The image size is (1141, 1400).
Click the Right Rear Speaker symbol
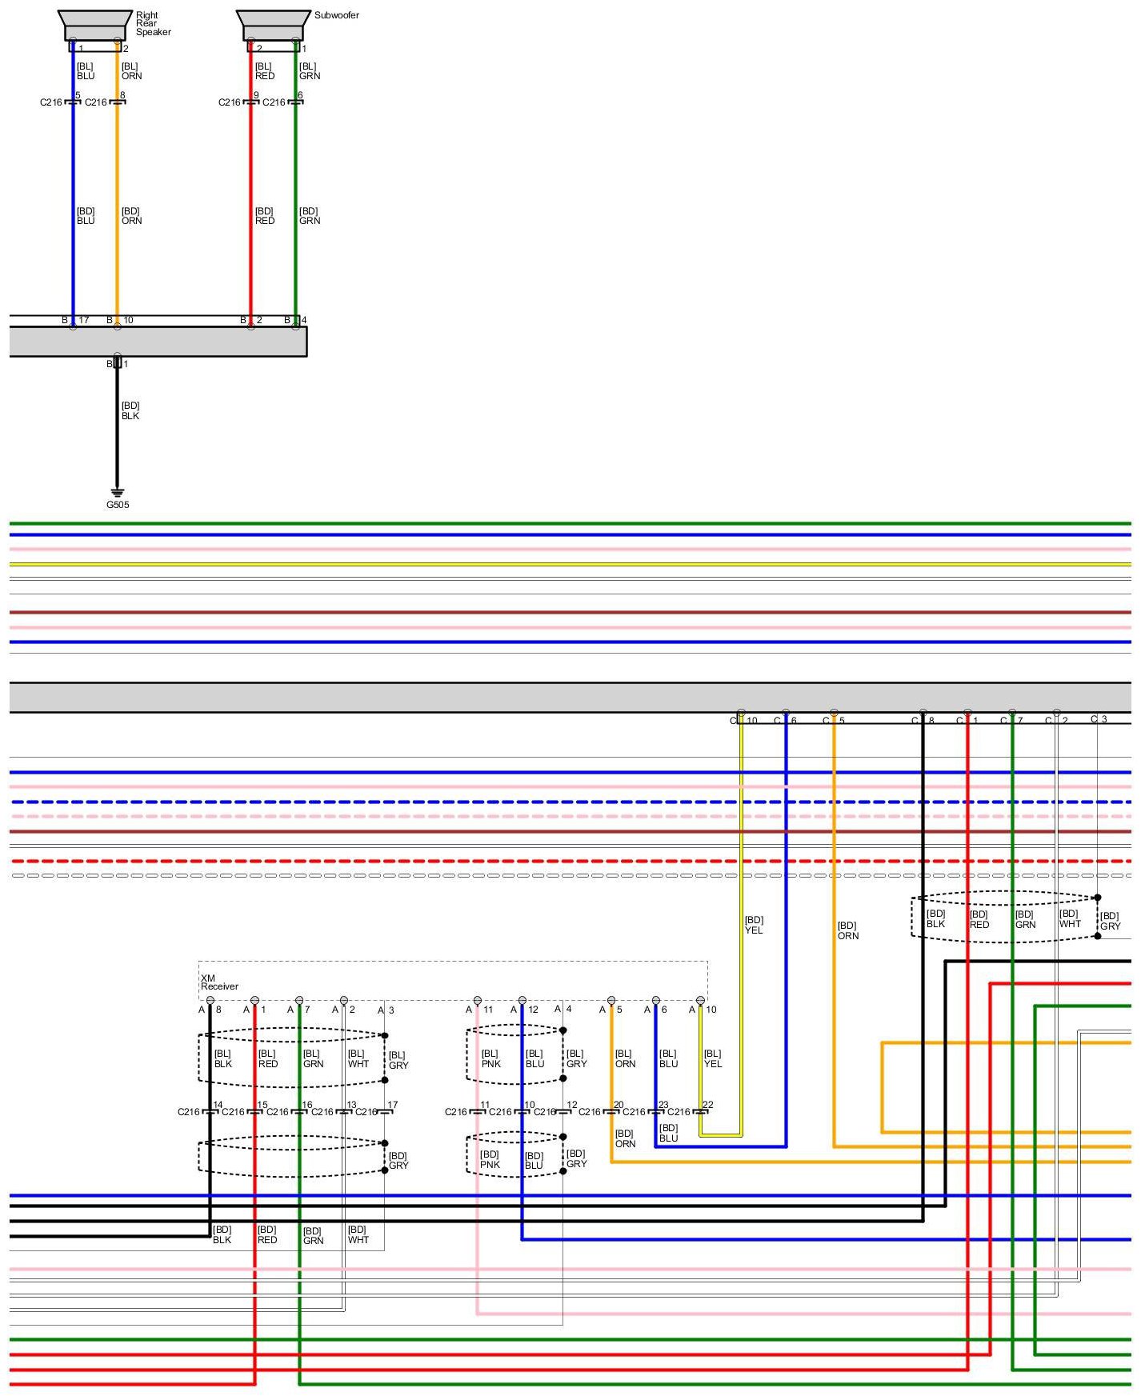pos(95,26)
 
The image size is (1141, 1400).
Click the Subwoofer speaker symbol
pos(274,26)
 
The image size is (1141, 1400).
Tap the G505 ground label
pos(118,505)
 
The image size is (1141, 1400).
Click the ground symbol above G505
pos(118,492)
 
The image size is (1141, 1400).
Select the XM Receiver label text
pos(218,982)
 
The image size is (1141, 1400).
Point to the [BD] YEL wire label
pos(754,925)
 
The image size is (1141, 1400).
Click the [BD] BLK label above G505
pos(130,411)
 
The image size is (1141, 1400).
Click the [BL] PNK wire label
pos(490,1058)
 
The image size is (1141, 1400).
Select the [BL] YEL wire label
pos(712,1058)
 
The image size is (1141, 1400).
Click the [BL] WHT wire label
pos(358,1058)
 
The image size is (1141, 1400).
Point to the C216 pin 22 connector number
pos(707,1105)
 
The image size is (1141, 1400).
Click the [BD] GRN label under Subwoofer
pos(309,216)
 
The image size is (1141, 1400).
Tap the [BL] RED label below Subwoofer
pos(264,71)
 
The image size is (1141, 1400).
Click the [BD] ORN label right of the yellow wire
pos(847,930)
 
